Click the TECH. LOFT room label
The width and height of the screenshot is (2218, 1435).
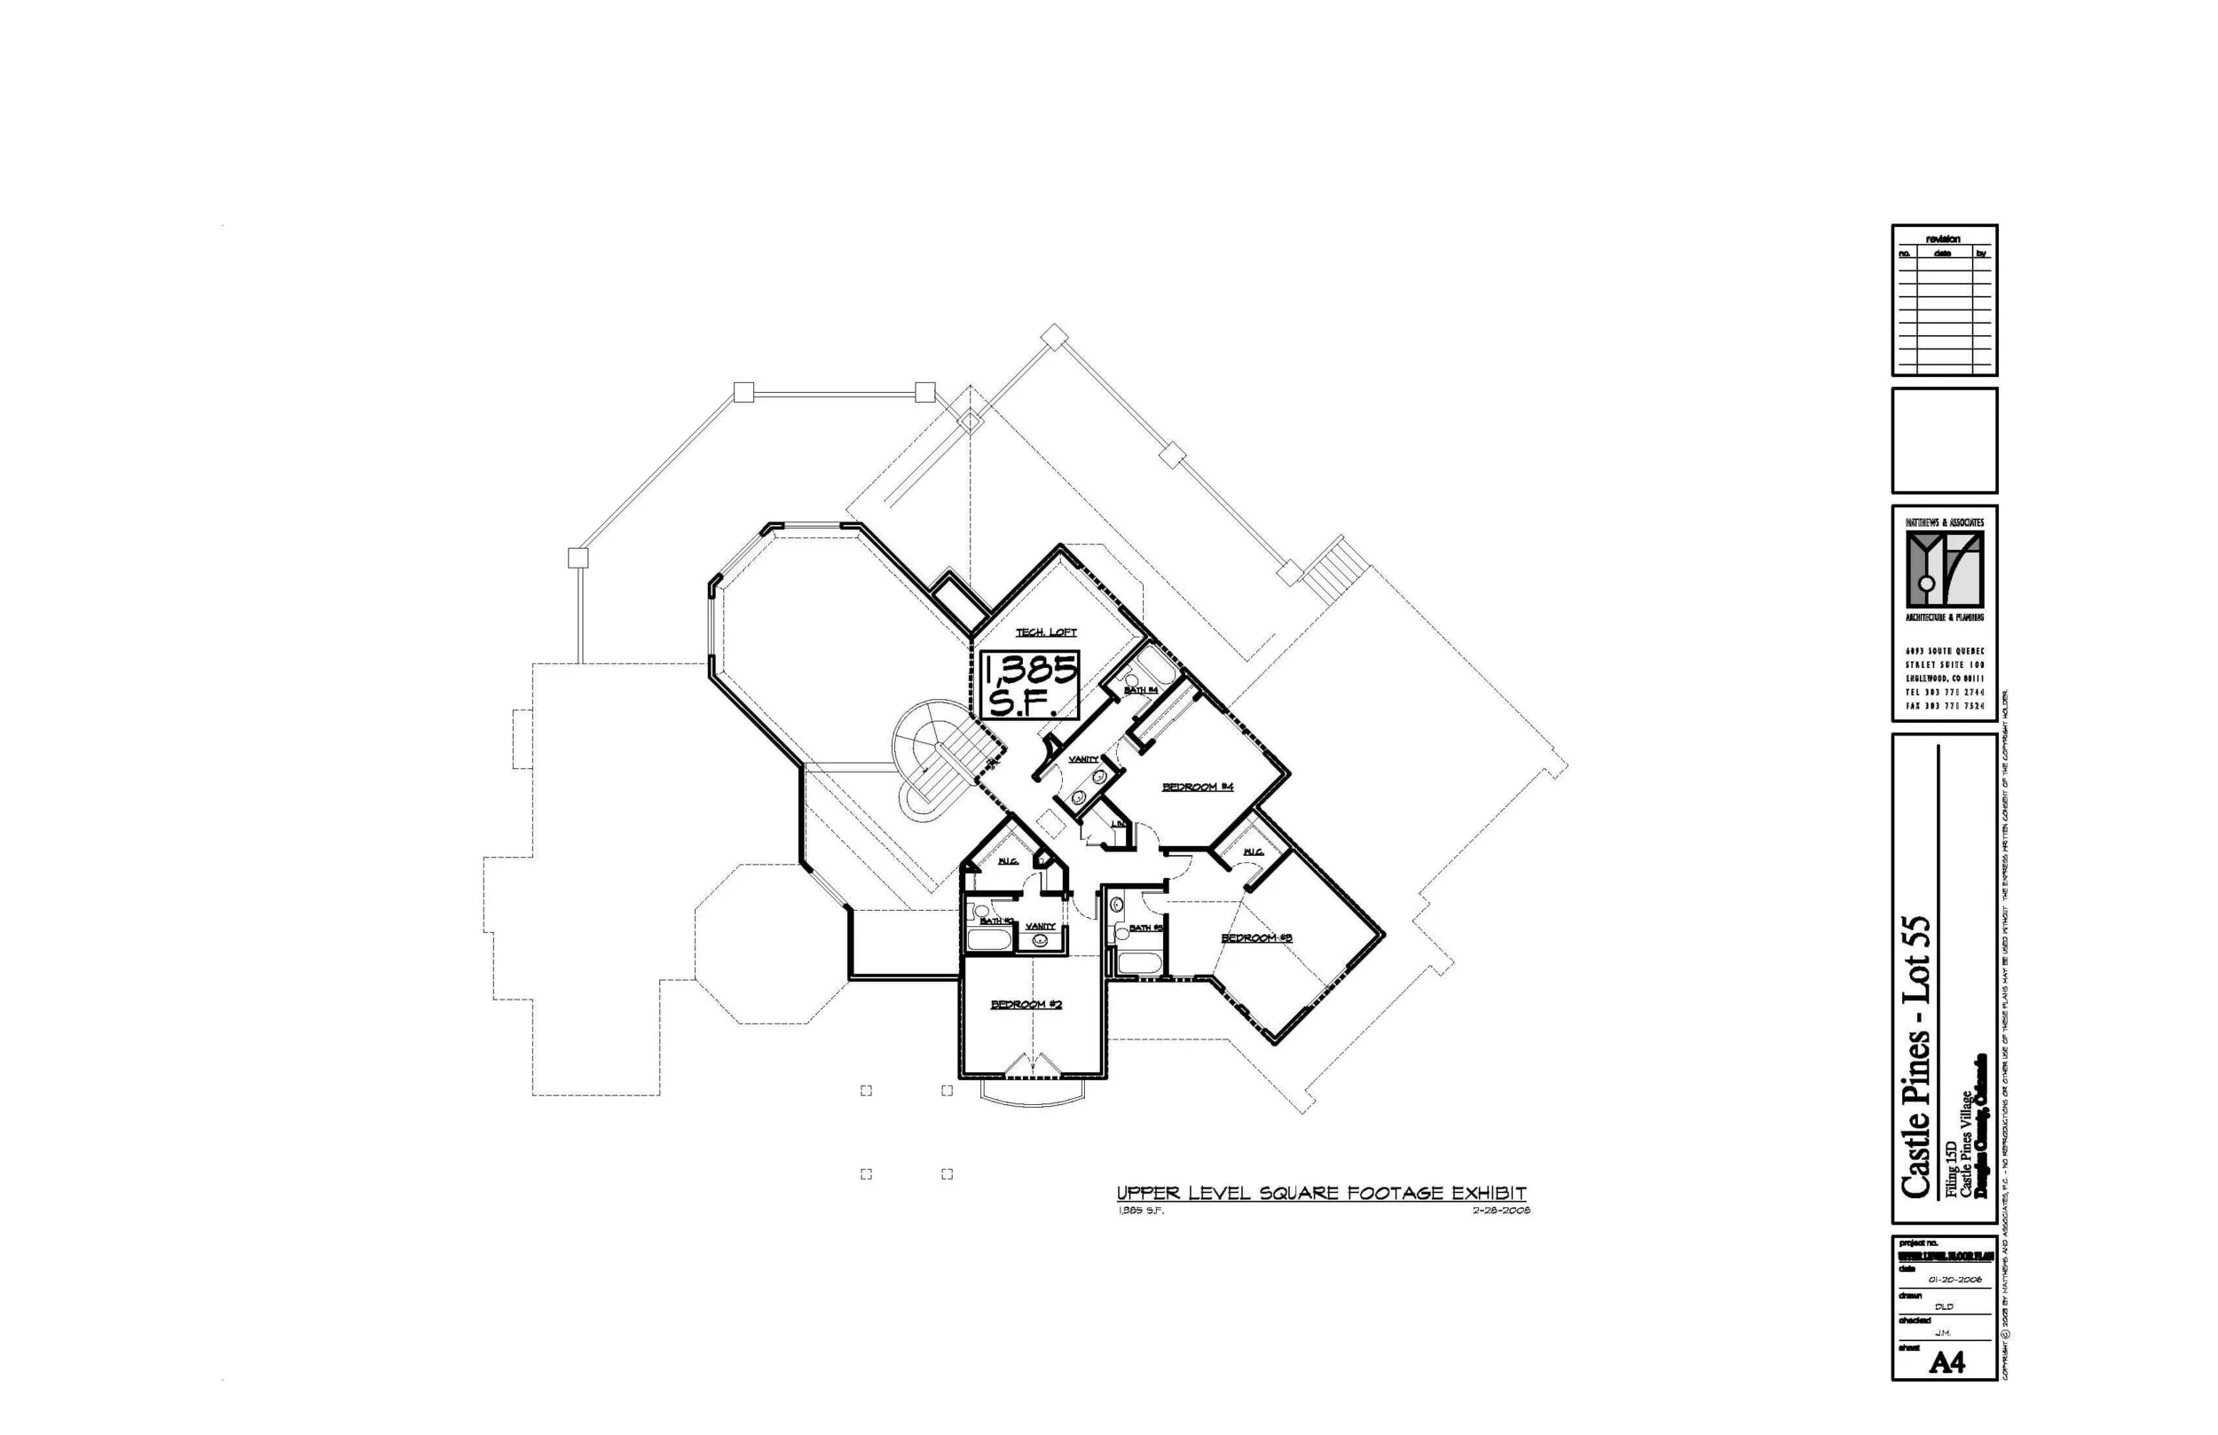tap(1046, 632)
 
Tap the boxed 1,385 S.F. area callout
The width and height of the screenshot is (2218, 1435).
tap(1030, 685)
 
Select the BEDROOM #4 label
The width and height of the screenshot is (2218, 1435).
tap(1198, 788)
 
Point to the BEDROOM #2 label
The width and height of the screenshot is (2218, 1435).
tap(1026, 1005)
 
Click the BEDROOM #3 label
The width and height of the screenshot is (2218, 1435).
tap(1256, 938)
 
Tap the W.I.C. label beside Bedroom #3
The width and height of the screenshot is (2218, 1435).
tap(1254, 852)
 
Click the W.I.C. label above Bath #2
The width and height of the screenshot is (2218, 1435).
tap(1008, 861)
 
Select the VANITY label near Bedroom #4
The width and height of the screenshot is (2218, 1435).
tap(1083, 759)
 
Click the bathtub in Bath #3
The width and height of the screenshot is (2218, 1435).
tap(1138, 962)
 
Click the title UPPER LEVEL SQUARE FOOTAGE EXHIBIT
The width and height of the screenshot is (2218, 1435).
tap(1321, 1194)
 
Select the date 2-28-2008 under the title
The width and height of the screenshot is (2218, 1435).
tap(1501, 1211)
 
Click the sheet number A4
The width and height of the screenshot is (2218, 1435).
tap(1947, 1363)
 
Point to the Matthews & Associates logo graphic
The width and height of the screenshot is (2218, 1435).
tap(1944, 569)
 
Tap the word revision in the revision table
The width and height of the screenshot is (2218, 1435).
tap(1943, 239)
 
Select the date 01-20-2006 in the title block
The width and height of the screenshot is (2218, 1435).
tap(1955, 1280)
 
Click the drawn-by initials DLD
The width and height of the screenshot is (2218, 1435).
tap(1943, 1306)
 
